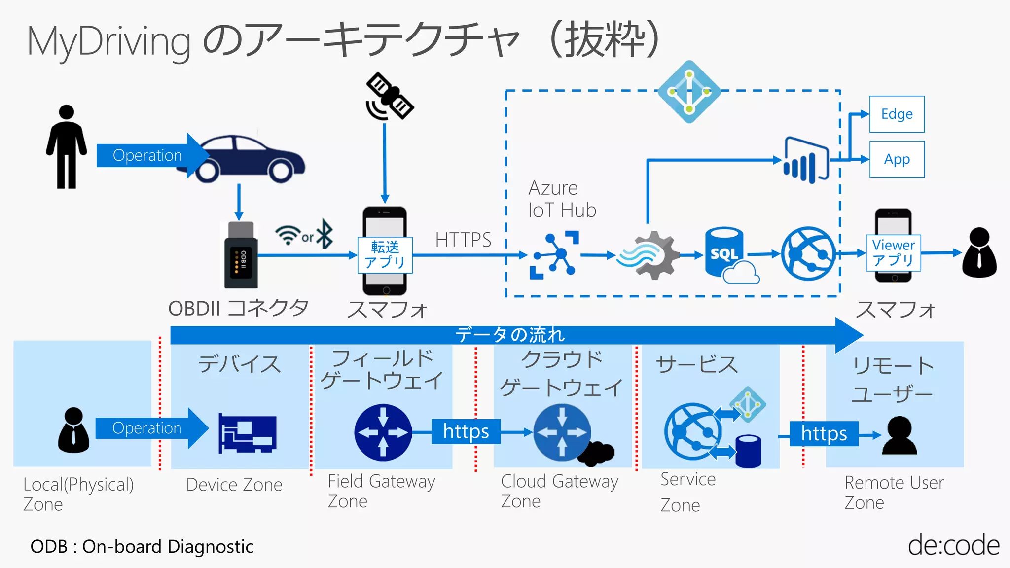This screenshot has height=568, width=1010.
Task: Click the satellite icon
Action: (x=390, y=97)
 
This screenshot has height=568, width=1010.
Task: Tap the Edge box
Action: (x=897, y=114)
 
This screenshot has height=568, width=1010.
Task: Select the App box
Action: (x=897, y=159)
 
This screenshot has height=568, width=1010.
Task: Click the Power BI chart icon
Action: (x=806, y=160)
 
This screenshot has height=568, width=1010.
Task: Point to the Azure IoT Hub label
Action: (x=562, y=199)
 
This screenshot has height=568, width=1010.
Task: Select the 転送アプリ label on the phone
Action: (x=385, y=254)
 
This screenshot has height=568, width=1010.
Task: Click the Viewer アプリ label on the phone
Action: (x=893, y=252)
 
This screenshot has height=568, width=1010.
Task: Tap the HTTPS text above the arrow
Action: (x=463, y=240)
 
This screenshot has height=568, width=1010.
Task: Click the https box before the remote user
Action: (x=824, y=433)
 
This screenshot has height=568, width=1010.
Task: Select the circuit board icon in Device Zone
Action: (x=248, y=433)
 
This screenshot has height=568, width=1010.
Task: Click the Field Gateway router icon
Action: (x=383, y=432)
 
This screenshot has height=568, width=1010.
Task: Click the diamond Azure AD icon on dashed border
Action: (x=689, y=92)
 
